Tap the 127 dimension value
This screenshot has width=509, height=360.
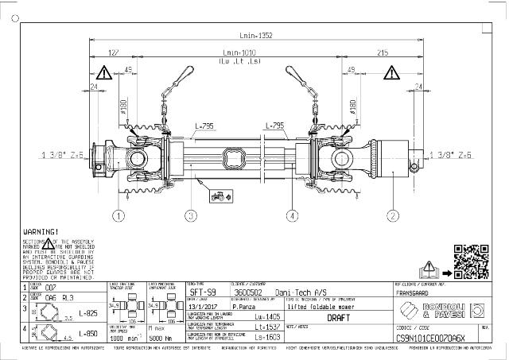[113, 53]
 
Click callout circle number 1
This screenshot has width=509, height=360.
[119, 215]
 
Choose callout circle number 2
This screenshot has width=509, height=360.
[392, 215]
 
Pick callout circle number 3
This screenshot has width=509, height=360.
[190, 215]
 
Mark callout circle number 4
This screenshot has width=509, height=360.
[293, 215]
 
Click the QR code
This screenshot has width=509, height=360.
[469, 258]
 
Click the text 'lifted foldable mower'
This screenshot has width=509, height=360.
[321, 304]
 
